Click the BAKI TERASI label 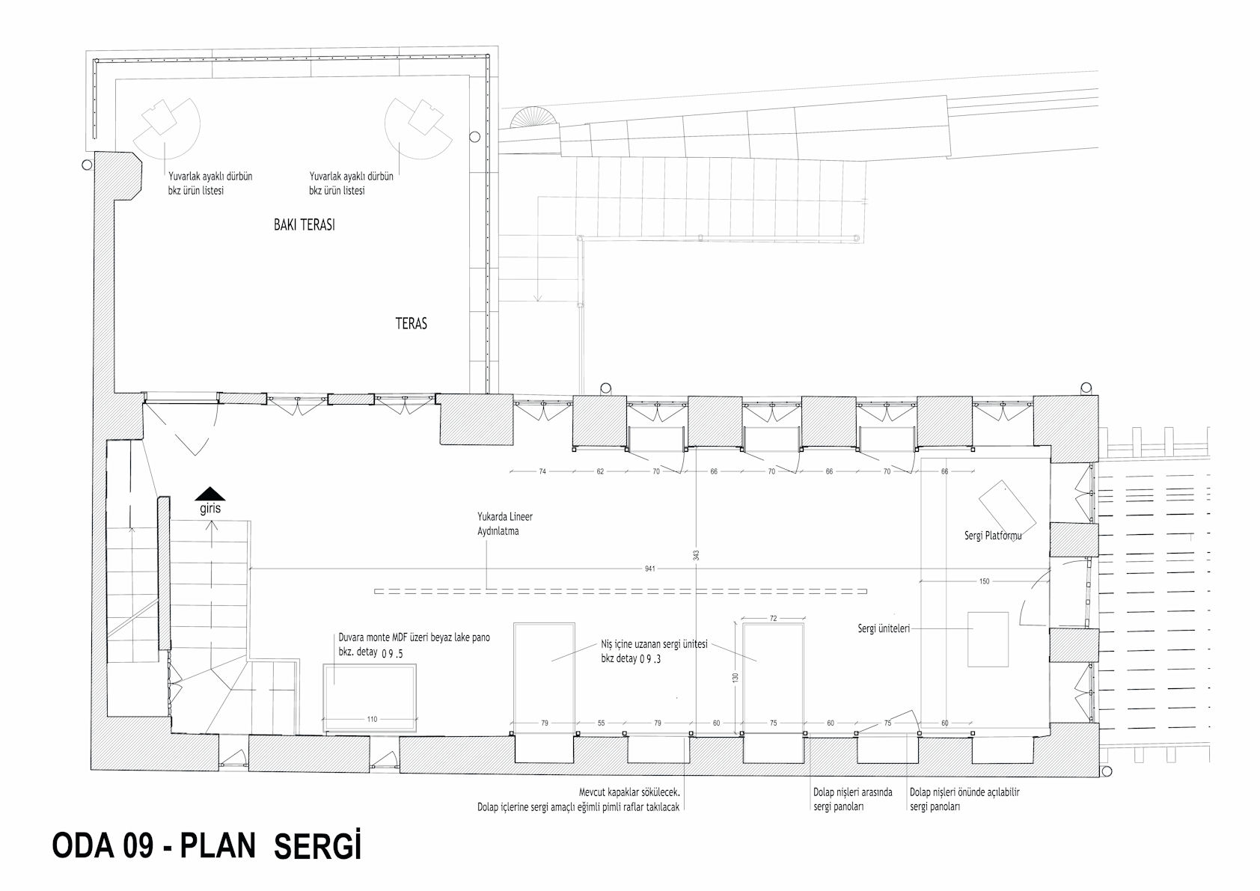(x=305, y=225)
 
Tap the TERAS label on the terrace (x=412, y=323)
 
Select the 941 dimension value (x=649, y=569)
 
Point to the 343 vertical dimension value (x=697, y=555)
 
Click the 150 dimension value (x=984, y=581)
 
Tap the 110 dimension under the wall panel (x=372, y=719)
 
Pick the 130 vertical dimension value (x=735, y=678)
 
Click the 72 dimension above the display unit (x=774, y=618)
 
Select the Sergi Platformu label (x=993, y=536)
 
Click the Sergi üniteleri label (x=884, y=628)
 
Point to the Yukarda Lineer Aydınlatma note (x=505, y=524)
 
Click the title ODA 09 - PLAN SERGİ (x=207, y=845)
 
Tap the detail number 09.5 (x=393, y=654)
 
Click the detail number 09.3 (x=650, y=658)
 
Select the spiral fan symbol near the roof (x=535, y=119)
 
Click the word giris (x=210, y=509)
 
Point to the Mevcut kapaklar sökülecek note (x=629, y=792)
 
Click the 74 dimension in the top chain (x=542, y=471)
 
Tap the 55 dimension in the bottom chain (x=601, y=723)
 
